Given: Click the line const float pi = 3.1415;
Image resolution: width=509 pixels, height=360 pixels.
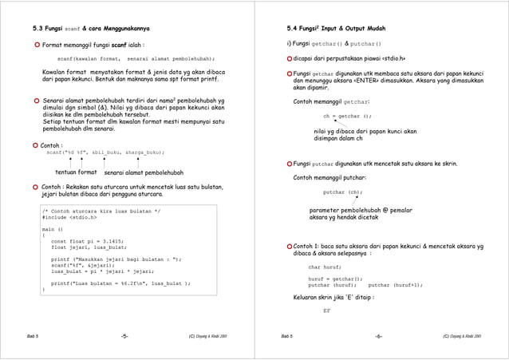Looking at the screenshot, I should pos(87,240).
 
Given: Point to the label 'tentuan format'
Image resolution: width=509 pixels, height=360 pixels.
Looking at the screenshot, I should pos(76,172).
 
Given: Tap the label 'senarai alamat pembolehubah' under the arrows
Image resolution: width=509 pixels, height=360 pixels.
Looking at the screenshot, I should pos(144,172).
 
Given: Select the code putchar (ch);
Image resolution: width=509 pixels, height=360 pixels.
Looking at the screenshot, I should pos(342,192).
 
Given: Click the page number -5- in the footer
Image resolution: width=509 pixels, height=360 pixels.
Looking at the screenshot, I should pos(124,336).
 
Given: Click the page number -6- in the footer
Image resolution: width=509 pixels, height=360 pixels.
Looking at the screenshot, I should pos(378,336).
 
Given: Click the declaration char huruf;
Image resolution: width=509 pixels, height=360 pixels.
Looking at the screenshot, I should pos(327,267).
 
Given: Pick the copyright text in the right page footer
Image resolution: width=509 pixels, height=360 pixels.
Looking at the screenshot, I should pos(462,336).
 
